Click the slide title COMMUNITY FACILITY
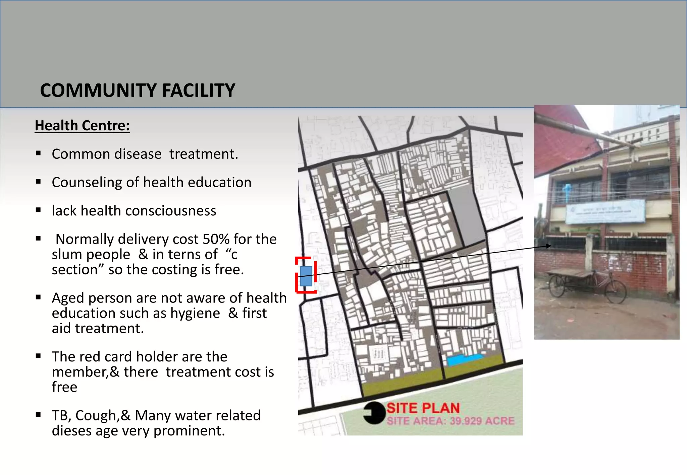[138, 90]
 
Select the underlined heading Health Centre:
[82, 126]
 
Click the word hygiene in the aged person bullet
[195, 313]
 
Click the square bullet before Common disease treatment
[38, 153]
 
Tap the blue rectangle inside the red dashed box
[306, 276]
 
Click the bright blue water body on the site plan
[465, 360]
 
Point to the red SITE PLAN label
[423, 408]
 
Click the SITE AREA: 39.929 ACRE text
[451, 421]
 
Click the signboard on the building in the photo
[605, 211]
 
